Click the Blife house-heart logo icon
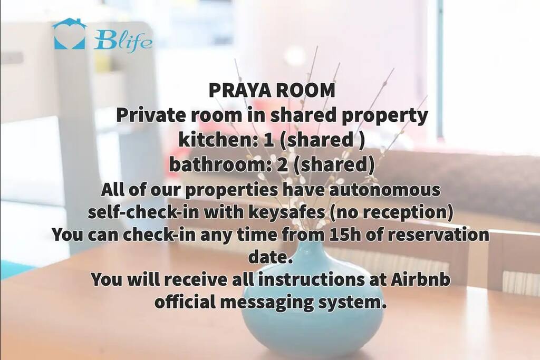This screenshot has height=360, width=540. [x=70, y=34]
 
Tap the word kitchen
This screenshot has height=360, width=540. [x=215, y=140]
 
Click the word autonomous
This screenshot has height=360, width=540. [x=384, y=190]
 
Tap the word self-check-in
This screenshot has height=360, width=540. [x=143, y=212]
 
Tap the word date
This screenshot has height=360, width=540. [x=271, y=257]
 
